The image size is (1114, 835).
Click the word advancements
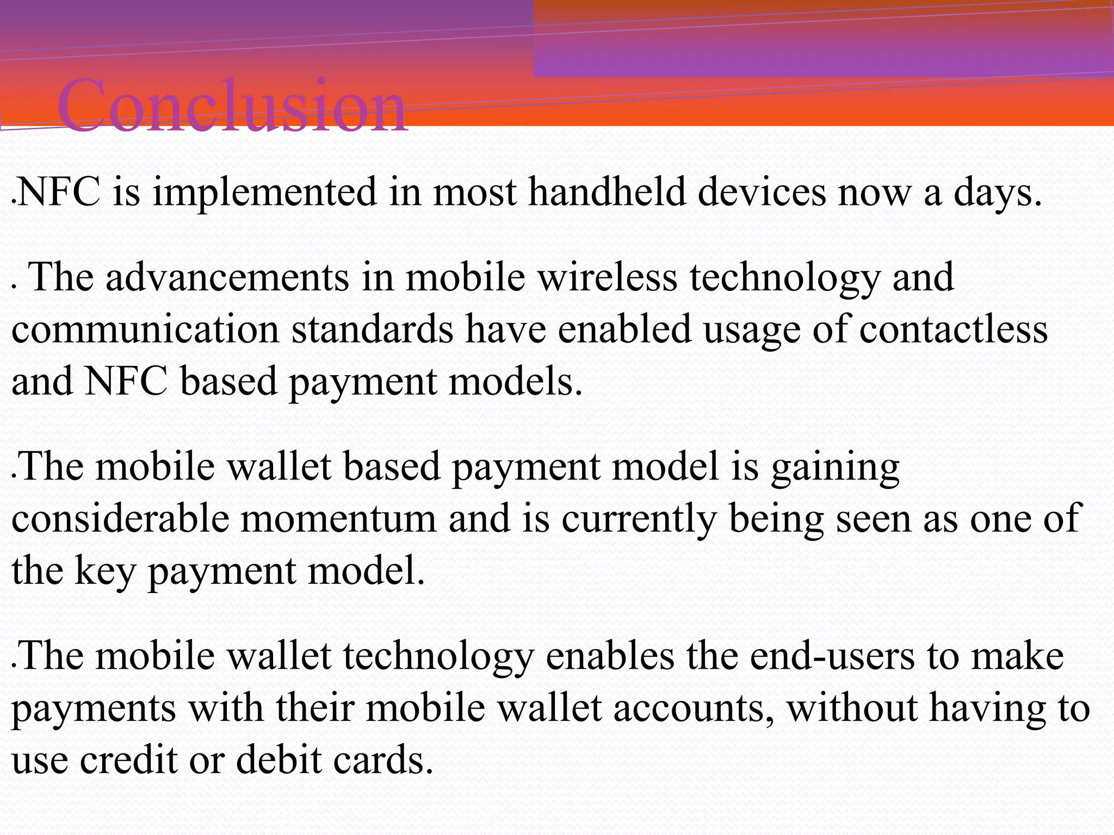tap(227, 277)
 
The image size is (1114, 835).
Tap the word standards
tap(372, 329)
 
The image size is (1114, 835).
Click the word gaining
tap(835, 468)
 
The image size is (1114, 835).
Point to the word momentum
tap(338, 519)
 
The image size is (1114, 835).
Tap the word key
tap(105, 571)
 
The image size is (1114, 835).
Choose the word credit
tap(128, 759)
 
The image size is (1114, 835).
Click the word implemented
tap(264, 194)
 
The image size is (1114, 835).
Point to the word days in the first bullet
tap(997, 194)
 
